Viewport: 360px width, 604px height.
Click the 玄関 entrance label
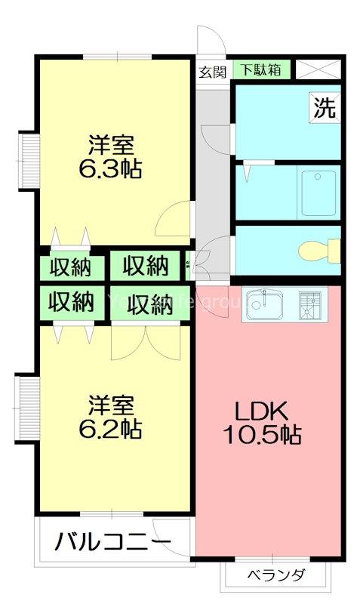tap(213, 72)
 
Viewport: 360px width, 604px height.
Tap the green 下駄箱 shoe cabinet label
tap(260, 70)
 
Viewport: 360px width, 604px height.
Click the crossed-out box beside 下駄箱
tap(317, 70)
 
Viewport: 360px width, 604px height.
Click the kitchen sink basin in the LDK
tap(265, 307)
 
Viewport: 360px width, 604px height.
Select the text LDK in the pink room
tap(260, 411)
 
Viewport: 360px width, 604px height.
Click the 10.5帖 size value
tap(260, 435)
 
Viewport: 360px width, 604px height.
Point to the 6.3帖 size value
tap(111, 168)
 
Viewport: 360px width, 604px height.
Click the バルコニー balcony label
tap(112, 542)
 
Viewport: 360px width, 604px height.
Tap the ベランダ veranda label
tap(276, 576)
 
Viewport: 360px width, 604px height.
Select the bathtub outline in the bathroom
tap(318, 193)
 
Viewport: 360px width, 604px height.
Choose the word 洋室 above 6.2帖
tap(111, 405)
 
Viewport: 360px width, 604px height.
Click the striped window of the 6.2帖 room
tap(29, 408)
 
